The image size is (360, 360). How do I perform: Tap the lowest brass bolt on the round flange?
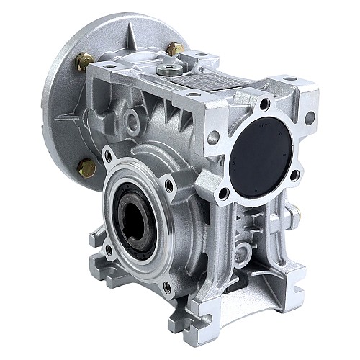(x=86, y=168)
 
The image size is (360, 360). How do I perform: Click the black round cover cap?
(x=264, y=153)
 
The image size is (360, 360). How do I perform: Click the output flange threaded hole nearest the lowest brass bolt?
(x=108, y=155)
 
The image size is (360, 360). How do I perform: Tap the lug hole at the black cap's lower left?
(x=224, y=193)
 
